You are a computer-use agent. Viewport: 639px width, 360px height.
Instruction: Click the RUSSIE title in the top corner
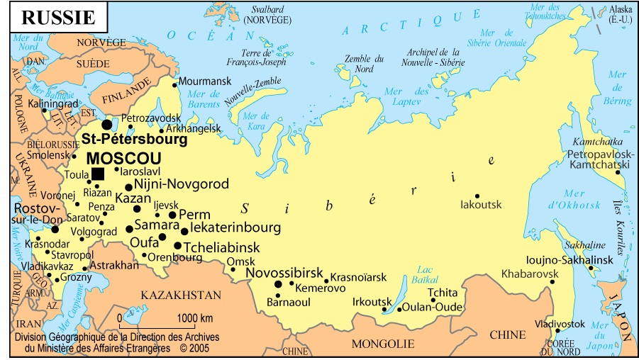[x=57, y=16]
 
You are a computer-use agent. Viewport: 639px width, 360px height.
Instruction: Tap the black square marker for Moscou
[x=98, y=174]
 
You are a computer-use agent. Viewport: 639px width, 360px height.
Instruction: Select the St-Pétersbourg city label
[x=134, y=140]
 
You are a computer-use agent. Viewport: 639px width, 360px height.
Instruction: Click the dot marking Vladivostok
[x=558, y=331]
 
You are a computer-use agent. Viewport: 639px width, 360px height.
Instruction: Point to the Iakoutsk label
[x=481, y=205]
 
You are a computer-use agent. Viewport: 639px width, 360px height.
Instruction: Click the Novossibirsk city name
[x=284, y=273]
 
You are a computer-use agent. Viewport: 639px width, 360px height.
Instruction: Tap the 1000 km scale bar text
[x=195, y=317]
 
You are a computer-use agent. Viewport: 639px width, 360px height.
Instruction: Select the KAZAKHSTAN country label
[x=180, y=295]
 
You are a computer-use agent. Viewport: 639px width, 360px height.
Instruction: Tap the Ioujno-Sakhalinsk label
[x=569, y=259]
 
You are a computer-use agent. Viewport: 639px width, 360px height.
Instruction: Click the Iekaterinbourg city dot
[x=184, y=231]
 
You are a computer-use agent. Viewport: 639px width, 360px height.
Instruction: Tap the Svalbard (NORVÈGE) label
[x=267, y=15]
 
